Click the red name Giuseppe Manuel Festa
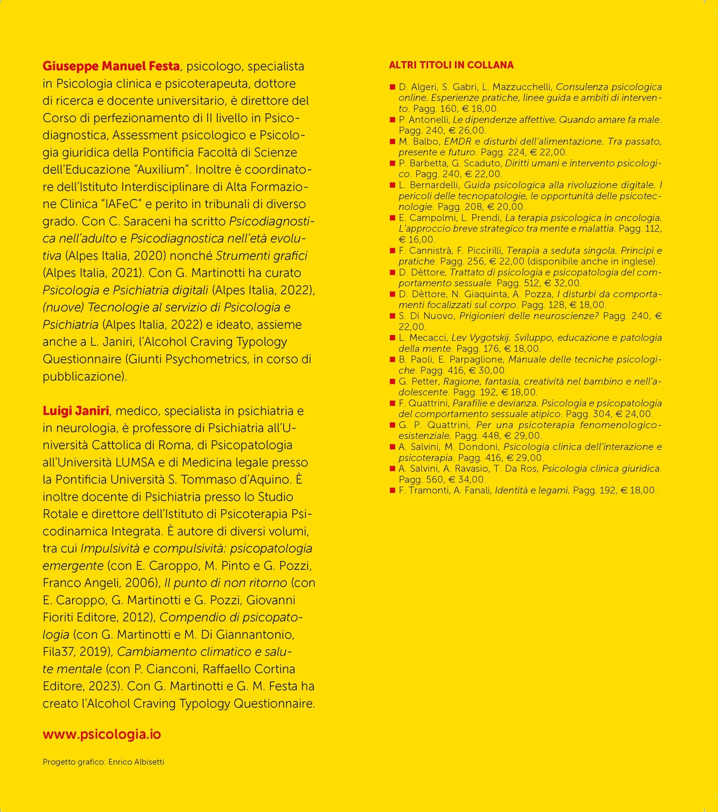click(x=111, y=66)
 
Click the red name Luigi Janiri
click(x=76, y=411)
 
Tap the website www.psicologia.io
click(x=102, y=734)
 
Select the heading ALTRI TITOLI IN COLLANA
click(x=451, y=65)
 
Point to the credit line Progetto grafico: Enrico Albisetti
click(x=103, y=762)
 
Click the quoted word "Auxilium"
click(x=161, y=169)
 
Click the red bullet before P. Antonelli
click(x=393, y=120)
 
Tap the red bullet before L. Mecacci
click(x=393, y=338)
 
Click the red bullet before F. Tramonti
click(x=393, y=490)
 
